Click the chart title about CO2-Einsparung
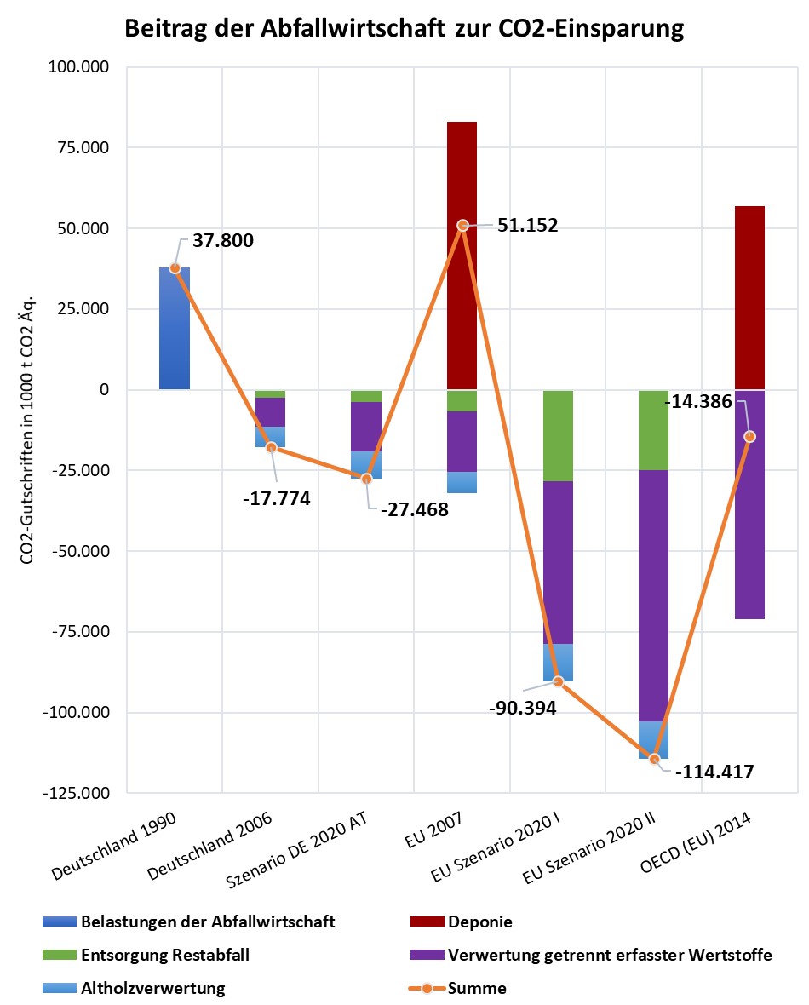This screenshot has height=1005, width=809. coord(404,29)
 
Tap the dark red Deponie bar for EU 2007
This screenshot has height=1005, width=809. coord(462,170)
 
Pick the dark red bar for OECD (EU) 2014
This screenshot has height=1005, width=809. coord(749,298)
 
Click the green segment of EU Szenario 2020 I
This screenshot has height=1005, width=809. coord(558,435)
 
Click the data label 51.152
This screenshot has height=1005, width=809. coord(528,226)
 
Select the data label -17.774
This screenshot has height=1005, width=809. coord(276,498)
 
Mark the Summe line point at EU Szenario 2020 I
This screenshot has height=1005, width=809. coord(558,681)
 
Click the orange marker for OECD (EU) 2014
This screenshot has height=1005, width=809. coord(749,437)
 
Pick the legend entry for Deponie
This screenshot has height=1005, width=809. coord(479,922)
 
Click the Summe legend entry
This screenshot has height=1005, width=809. coord(477,989)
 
